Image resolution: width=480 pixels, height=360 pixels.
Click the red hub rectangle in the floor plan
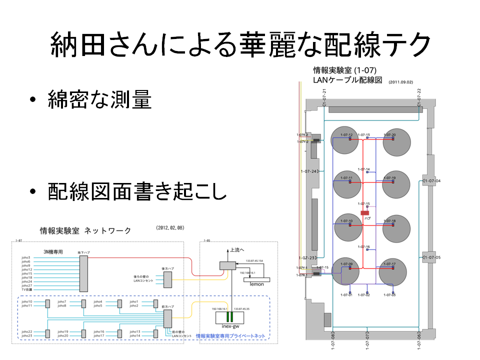pos(364,213)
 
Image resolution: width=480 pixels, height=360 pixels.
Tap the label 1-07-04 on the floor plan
pos(432,180)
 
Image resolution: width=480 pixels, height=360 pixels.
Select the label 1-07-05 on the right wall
pos(432,257)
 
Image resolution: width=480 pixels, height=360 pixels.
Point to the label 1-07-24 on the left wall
pos(308,171)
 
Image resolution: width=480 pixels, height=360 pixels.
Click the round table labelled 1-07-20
pos(396,141)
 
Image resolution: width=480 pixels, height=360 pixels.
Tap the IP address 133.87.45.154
pos(255,260)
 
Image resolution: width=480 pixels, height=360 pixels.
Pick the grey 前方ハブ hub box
pos(167,318)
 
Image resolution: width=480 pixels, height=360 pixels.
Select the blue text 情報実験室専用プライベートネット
pos(230,336)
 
